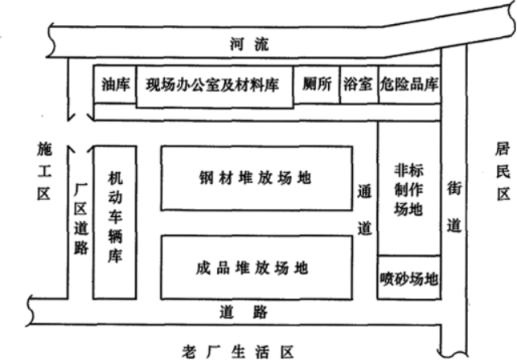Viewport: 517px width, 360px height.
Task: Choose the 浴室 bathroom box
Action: point(357,84)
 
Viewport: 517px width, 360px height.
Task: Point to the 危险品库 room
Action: point(409,84)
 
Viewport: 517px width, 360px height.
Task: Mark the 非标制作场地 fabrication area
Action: point(408,190)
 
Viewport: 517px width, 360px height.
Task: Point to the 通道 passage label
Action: point(364,210)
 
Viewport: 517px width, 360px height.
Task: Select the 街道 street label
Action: point(453,206)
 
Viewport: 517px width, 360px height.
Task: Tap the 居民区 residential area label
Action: point(503,171)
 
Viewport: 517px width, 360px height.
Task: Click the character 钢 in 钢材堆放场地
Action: point(206,178)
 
